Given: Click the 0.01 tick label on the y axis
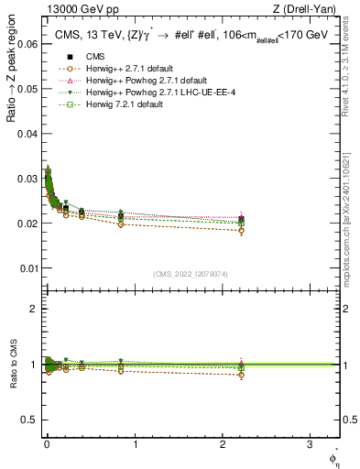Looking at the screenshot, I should pyautogui.click(x=27, y=267).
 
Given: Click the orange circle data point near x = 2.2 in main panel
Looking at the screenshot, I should pyautogui.click(x=241, y=231).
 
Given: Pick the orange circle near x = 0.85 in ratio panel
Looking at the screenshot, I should pyautogui.click(x=121, y=371).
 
